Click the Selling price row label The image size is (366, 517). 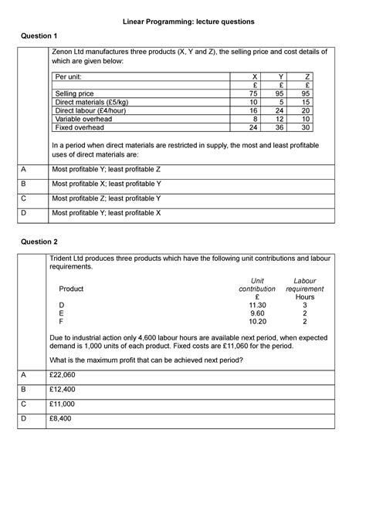(x=74, y=93)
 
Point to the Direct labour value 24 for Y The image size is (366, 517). (x=281, y=110)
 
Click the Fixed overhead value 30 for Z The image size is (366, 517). (x=307, y=127)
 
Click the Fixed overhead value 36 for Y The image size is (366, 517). (x=281, y=127)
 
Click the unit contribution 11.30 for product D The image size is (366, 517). (x=257, y=306)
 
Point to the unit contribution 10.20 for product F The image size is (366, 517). (x=257, y=323)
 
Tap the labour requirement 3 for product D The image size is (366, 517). (x=304, y=306)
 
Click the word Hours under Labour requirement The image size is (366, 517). (x=304, y=297)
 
